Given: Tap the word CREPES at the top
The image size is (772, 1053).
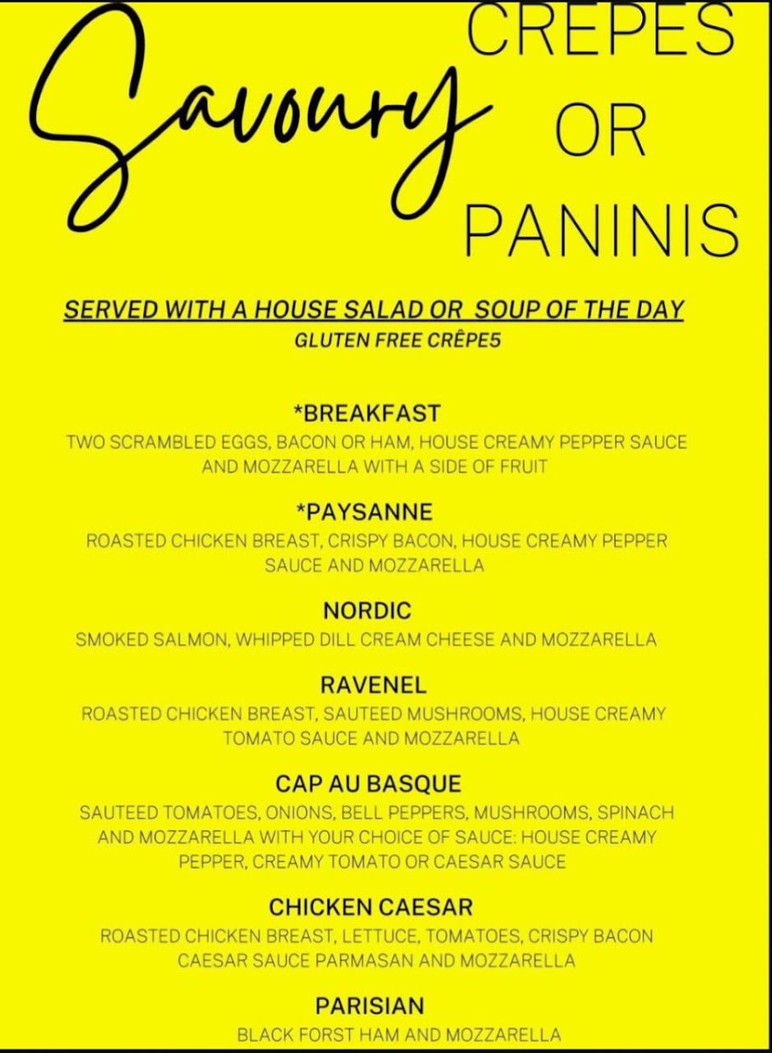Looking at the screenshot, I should coord(601,31).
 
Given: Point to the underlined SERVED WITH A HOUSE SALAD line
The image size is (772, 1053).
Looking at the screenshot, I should coord(373,311).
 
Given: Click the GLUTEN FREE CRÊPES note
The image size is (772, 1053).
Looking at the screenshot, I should coord(398,341).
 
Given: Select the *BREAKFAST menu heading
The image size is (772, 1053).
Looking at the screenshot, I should coord(367,413).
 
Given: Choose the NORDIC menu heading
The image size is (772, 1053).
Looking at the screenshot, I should coord(367,611).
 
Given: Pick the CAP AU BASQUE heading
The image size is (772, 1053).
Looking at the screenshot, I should coord(368,784).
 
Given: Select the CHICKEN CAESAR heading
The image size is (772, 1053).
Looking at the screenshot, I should coord(371,906).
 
